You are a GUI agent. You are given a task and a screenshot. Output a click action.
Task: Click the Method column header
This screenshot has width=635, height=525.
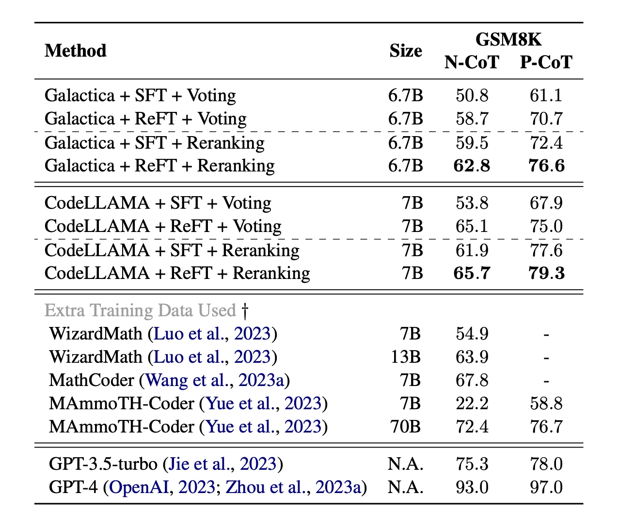point(76,51)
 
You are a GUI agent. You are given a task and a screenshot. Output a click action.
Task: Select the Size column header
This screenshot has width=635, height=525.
point(406,51)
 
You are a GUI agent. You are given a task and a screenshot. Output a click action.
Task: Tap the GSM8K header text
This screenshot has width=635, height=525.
point(508,39)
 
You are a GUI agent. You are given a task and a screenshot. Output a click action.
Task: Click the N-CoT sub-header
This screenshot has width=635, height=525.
point(472,62)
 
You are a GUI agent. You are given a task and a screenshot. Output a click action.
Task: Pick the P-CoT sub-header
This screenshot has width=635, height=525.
point(546,62)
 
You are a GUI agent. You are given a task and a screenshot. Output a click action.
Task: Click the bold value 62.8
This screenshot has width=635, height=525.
point(472,166)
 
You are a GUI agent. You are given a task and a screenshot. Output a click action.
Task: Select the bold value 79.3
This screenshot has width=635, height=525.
point(546,273)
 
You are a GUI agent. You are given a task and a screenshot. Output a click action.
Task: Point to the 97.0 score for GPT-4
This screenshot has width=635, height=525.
point(546,487)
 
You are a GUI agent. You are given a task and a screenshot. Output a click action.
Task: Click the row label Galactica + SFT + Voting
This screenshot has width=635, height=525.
point(140,95)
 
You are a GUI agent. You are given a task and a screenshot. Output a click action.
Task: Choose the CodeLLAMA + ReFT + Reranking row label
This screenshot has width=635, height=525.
point(177,273)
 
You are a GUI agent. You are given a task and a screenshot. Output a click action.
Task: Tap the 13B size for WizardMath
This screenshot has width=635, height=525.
point(406,357)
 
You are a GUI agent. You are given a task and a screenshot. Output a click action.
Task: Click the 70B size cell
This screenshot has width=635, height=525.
point(406,427)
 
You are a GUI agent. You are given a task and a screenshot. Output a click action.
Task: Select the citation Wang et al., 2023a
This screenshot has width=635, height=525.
point(215,380)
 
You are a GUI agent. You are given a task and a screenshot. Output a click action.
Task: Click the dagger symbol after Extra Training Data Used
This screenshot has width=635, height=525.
point(245,311)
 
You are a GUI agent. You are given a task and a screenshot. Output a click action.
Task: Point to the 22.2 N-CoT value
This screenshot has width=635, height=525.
point(472,403)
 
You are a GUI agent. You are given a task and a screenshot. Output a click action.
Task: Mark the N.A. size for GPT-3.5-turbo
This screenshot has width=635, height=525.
point(406,464)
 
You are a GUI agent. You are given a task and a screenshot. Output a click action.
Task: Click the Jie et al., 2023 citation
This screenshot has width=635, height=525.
point(222,464)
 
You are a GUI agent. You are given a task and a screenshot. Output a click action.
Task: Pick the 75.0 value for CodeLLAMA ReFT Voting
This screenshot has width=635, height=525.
point(546,227)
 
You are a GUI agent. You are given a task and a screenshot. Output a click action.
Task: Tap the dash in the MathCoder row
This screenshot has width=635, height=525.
point(546,381)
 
